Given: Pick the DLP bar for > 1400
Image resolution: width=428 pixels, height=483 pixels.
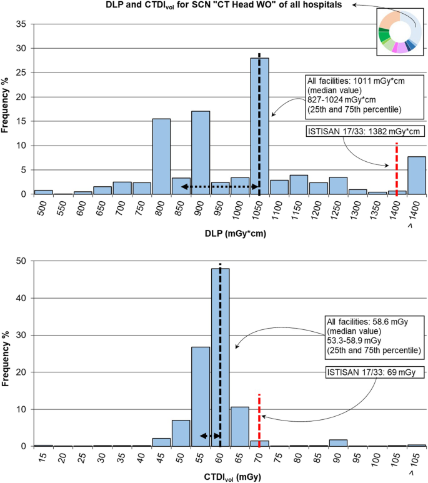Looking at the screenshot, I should click(x=416, y=176).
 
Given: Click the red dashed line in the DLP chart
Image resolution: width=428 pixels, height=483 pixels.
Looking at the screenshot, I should click(x=397, y=169).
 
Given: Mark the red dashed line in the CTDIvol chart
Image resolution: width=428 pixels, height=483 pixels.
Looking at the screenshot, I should click(x=259, y=419).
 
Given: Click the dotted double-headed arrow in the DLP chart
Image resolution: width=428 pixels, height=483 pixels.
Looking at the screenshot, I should click(x=220, y=187).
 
